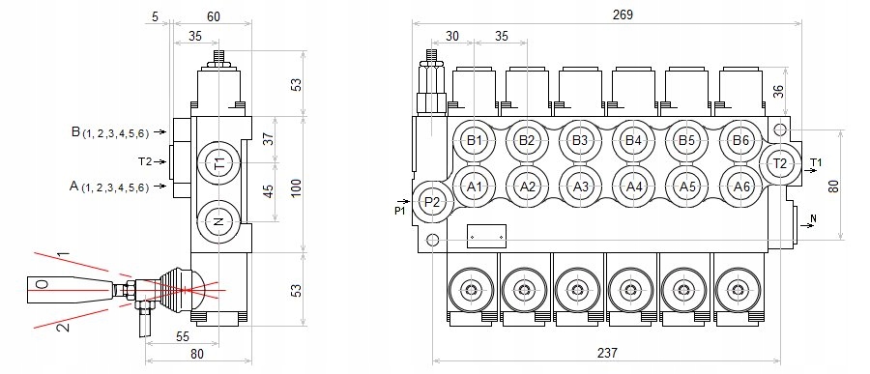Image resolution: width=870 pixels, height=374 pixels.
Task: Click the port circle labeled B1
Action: [x=474, y=141]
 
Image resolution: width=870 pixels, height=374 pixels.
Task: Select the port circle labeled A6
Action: [x=741, y=187]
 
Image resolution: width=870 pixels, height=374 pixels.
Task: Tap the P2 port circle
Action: [x=432, y=201]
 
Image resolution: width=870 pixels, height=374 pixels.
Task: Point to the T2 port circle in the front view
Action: [x=780, y=163]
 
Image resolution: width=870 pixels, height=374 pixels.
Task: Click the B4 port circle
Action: [x=633, y=141]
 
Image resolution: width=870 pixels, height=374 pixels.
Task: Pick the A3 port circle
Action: [x=580, y=187]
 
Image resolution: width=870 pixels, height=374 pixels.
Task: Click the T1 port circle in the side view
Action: [x=219, y=163]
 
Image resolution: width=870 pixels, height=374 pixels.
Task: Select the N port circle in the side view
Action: [x=218, y=222]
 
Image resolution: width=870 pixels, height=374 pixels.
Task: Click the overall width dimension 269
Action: [x=623, y=15]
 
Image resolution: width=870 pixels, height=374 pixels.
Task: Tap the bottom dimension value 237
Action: [x=607, y=353]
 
